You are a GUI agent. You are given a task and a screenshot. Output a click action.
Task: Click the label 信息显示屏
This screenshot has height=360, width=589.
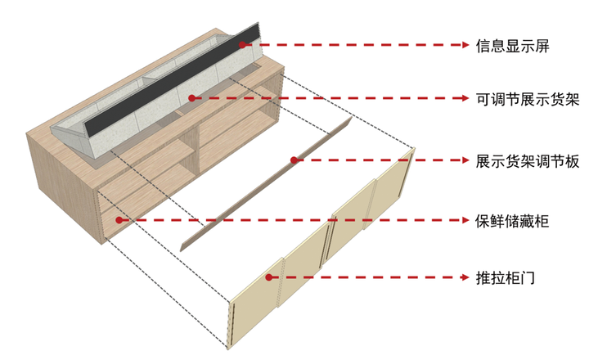pyautogui.click(x=513, y=46)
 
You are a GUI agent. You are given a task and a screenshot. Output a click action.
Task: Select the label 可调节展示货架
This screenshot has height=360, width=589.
pyautogui.click(x=528, y=99)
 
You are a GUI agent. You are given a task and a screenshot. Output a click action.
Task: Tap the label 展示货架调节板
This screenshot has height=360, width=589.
pyautogui.click(x=528, y=161)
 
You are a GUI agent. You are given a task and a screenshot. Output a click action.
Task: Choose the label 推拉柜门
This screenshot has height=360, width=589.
pyautogui.click(x=506, y=278)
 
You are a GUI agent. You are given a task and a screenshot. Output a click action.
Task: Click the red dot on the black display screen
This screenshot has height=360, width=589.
pyautogui.click(x=242, y=45)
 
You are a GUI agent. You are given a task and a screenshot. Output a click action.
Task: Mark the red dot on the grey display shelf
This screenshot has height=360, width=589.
pyautogui.click(x=192, y=98)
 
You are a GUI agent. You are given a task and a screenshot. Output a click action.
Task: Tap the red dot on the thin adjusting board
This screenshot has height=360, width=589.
pyautogui.click(x=294, y=160)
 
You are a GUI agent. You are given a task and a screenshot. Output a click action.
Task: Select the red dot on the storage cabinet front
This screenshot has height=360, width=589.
pyautogui.click(x=119, y=220)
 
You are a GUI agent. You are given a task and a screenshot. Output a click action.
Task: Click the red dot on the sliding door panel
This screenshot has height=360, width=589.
pyautogui.click(x=268, y=277)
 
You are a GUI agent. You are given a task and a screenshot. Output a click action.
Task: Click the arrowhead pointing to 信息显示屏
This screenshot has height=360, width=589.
pyautogui.click(x=465, y=45)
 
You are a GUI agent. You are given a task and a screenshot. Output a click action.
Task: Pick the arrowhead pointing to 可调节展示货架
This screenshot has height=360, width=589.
pyautogui.click(x=465, y=98)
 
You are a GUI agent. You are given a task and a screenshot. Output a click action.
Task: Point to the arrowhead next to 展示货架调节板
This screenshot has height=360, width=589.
pyautogui.click(x=465, y=160)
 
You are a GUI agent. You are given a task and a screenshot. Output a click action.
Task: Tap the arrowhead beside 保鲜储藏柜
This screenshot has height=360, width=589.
pyautogui.click(x=465, y=220)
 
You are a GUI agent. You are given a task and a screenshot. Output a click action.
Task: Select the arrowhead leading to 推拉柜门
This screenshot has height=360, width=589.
pyautogui.click(x=465, y=277)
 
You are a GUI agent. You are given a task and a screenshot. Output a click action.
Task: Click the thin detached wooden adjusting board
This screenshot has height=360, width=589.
pyautogui.click(x=266, y=184)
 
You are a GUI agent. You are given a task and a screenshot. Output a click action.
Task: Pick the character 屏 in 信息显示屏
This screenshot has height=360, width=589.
pyautogui.click(x=542, y=46)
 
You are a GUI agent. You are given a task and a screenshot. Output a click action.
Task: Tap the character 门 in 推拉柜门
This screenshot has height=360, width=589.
pyautogui.click(x=528, y=278)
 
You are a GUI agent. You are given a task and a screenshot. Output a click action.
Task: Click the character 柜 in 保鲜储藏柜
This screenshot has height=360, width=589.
pyautogui.click(x=542, y=221)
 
